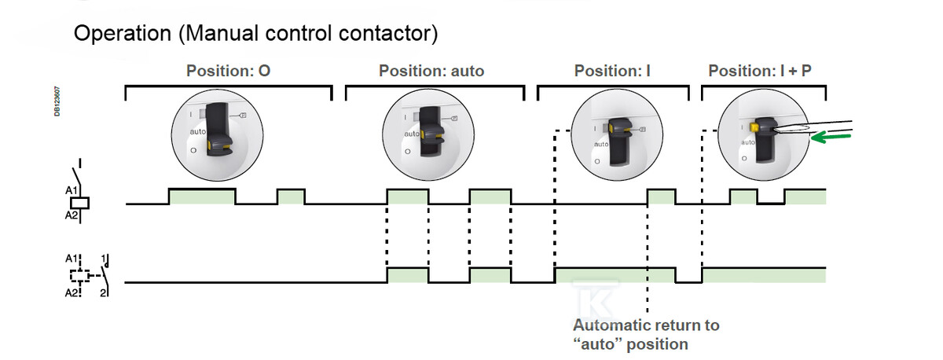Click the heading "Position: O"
click(229, 71)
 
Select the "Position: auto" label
click(431, 71)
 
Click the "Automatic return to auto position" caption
click(646, 334)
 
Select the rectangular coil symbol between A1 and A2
click(81, 203)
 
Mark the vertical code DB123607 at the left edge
click(57, 101)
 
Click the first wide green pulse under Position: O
click(202, 197)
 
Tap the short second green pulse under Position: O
click(291, 197)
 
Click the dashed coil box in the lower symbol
click(79, 276)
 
